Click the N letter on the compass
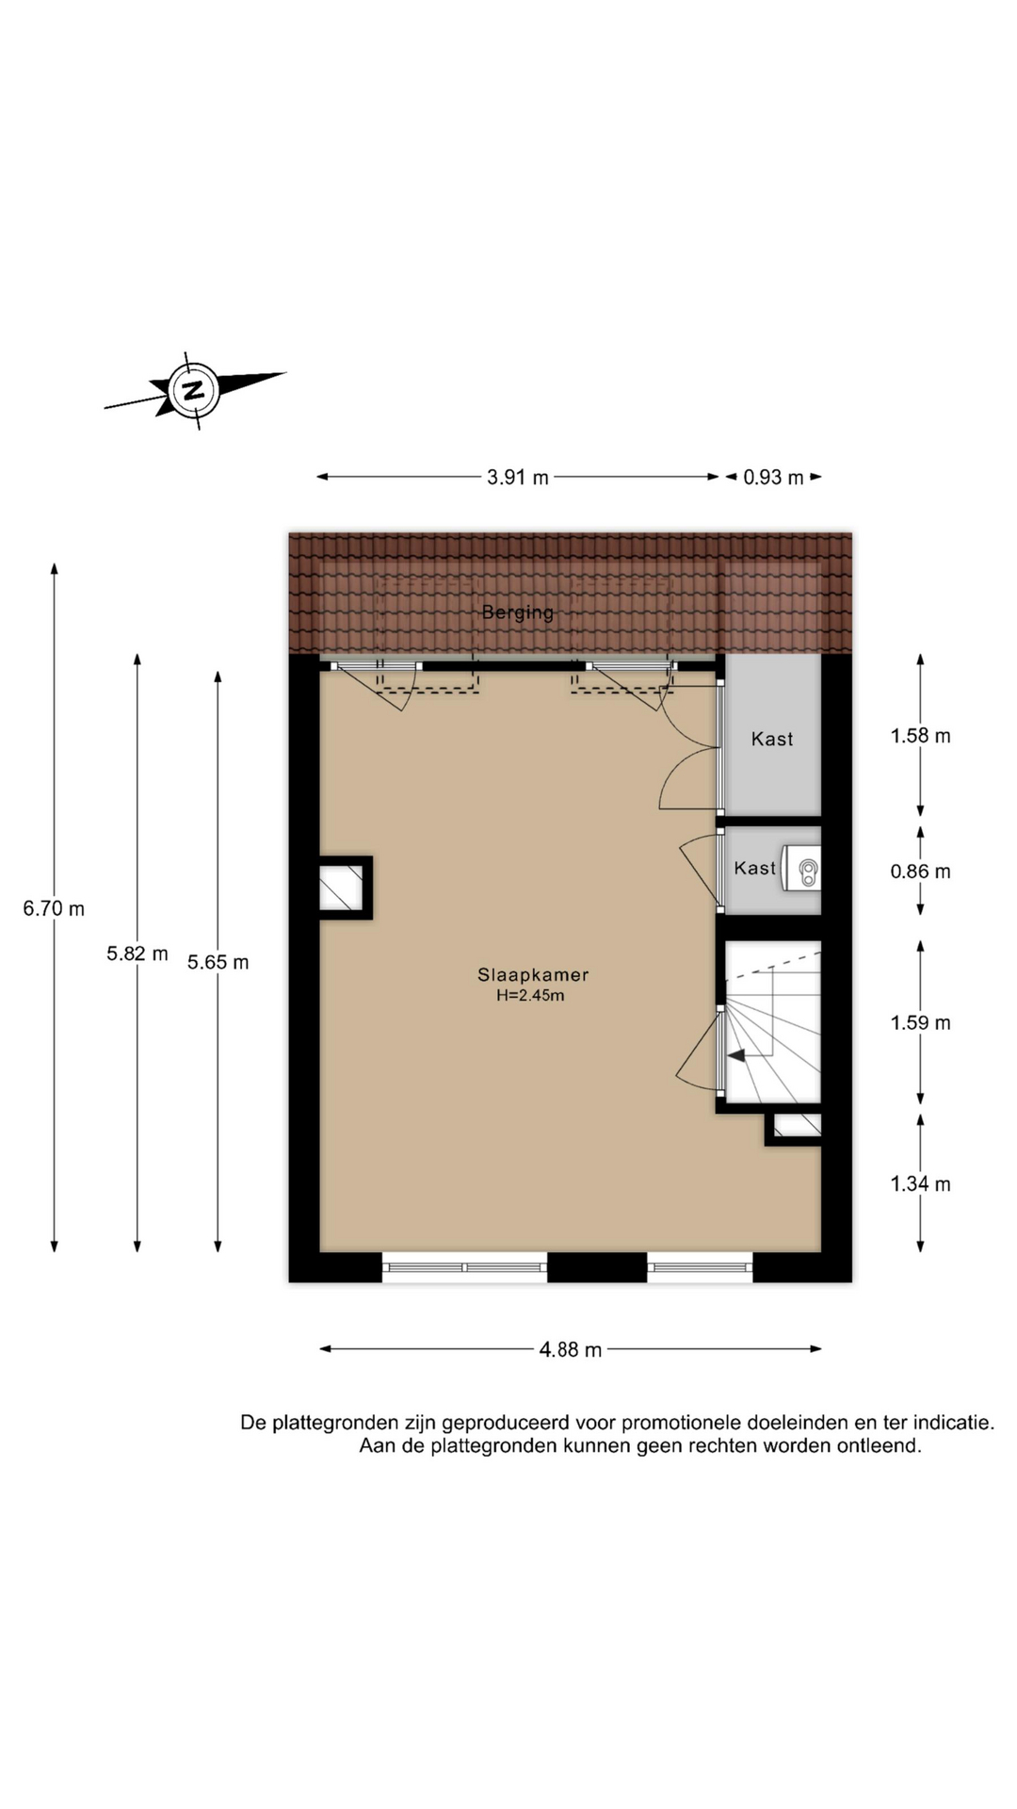point(194,390)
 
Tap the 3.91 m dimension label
point(518,478)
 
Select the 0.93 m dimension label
point(773,478)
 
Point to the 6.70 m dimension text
point(54,908)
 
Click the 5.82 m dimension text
point(137,953)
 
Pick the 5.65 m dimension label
point(218,962)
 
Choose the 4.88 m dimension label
point(571,1349)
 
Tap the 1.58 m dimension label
point(921,736)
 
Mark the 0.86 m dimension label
point(921,872)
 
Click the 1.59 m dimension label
point(921,1022)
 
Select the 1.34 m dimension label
point(921,1184)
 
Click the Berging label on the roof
point(518,612)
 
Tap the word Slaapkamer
point(533,975)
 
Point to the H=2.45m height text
point(531,996)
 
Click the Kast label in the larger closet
point(772,740)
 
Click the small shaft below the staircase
point(797,1125)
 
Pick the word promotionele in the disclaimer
point(681,1423)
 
